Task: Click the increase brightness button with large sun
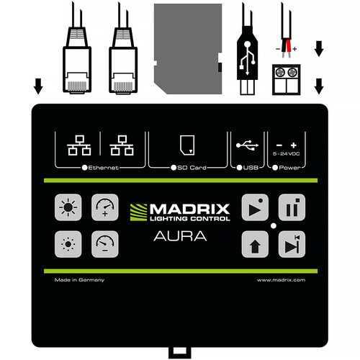click(68, 207)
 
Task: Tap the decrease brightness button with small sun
click(68, 244)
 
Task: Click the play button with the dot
click(255, 207)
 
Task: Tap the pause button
click(292, 207)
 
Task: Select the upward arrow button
click(255, 244)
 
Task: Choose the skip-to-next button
click(292, 244)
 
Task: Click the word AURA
click(180, 236)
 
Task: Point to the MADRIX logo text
click(189, 209)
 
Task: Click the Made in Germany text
click(79, 280)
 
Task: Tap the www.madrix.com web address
click(281, 280)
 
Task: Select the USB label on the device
click(251, 168)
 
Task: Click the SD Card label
click(192, 168)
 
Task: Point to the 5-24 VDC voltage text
click(287, 153)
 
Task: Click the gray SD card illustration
click(188, 49)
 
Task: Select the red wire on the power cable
click(289, 46)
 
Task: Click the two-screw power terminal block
click(287, 79)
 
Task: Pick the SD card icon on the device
click(187, 145)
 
